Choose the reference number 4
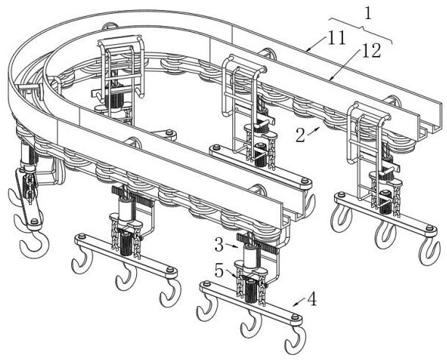(x=312, y=298)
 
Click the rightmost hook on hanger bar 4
(x=296, y=340)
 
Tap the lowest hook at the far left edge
(x=32, y=247)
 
